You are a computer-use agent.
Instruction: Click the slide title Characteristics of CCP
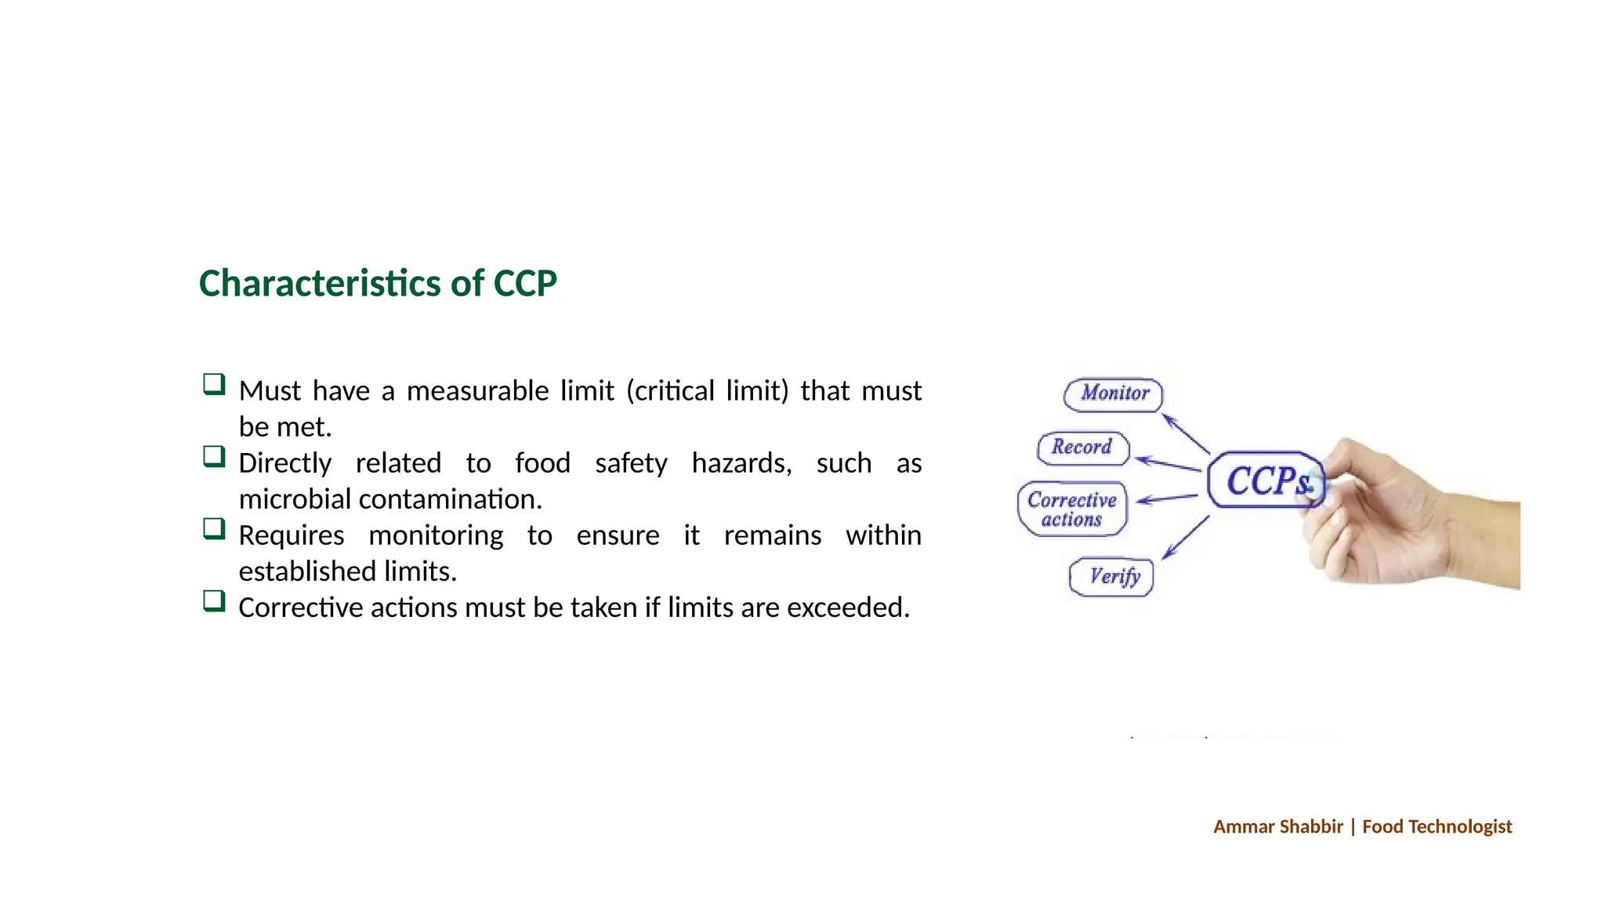point(378,284)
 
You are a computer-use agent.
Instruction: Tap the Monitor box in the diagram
point(1114,393)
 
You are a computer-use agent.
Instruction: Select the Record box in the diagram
point(1082,448)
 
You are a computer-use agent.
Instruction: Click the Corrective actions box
point(1072,510)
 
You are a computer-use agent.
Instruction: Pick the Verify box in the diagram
point(1112,577)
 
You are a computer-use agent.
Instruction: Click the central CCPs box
point(1265,481)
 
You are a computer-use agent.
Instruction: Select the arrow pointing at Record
point(1167,463)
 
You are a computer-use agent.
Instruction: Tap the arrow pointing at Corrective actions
point(1166,499)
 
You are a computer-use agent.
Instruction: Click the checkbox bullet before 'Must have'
point(214,384)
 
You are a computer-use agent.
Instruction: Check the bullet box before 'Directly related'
point(214,456)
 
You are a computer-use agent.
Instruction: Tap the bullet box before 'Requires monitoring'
point(214,528)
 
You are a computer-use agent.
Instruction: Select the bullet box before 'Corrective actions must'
point(214,601)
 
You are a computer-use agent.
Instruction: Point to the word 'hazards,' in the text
point(741,463)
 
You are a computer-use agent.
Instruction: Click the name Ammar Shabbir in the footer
point(1277,827)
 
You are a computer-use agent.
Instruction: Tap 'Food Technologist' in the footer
point(1437,827)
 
